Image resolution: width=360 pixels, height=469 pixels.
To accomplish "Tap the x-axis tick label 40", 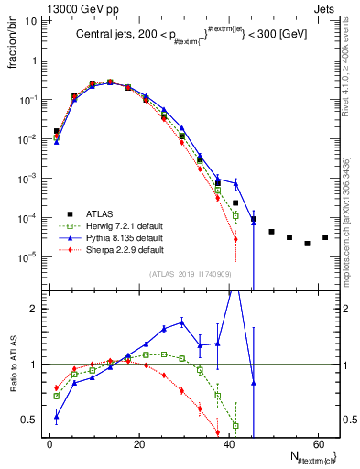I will pyautogui.click(x=227, y=444).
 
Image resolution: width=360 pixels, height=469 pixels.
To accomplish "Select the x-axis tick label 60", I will pyautogui.click(x=316, y=444).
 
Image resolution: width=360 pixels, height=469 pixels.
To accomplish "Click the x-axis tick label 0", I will pyautogui.click(x=49, y=444).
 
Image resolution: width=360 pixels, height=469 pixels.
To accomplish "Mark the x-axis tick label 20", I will pyautogui.click(x=138, y=444).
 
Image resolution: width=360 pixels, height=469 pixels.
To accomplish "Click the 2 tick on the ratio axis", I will pyautogui.click(x=33, y=310).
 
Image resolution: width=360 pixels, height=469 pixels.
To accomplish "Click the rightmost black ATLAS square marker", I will pyautogui.click(x=324, y=237).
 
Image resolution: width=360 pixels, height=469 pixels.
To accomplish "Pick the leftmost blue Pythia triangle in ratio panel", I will pyautogui.click(x=57, y=417).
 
